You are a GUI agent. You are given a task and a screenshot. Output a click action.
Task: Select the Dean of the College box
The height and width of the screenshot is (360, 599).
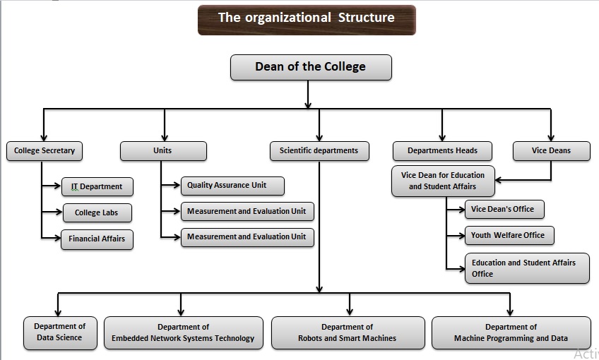[311, 68]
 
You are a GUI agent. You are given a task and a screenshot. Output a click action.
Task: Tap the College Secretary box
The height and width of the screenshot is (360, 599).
[44, 151]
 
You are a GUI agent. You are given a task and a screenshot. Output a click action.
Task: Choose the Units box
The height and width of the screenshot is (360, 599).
[163, 151]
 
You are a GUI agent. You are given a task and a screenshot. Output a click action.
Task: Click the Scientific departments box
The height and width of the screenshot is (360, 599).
[319, 151]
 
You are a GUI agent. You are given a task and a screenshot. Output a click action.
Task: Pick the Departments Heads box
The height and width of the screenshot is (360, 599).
[442, 151]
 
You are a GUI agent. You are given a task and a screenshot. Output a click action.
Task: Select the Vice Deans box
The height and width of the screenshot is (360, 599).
[551, 151]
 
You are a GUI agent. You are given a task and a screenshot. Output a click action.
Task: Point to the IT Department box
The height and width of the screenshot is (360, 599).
[97, 187]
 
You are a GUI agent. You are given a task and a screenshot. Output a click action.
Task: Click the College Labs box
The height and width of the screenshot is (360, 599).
[97, 212]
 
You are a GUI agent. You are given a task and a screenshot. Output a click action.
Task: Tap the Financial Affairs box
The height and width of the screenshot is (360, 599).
[97, 239]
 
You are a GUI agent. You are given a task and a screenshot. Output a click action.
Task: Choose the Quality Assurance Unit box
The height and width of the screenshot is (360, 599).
[232, 186]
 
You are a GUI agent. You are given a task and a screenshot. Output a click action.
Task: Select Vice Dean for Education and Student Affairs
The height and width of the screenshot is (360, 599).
[443, 181]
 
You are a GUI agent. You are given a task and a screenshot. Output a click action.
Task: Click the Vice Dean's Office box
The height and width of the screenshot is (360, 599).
[504, 209]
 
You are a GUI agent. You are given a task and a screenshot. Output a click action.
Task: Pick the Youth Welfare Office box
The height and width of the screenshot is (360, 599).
[509, 235]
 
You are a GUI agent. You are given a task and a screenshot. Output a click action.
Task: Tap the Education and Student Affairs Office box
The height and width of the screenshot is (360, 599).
[526, 268]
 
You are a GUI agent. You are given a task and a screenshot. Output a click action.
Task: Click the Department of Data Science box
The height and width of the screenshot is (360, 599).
[59, 332]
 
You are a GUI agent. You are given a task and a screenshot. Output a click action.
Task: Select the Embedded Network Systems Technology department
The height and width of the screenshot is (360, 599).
[183, 333]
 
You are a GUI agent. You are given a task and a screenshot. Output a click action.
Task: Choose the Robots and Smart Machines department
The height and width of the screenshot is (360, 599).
[348, 333]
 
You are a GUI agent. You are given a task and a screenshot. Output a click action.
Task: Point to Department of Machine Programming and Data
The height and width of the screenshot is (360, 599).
[511, 333]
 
